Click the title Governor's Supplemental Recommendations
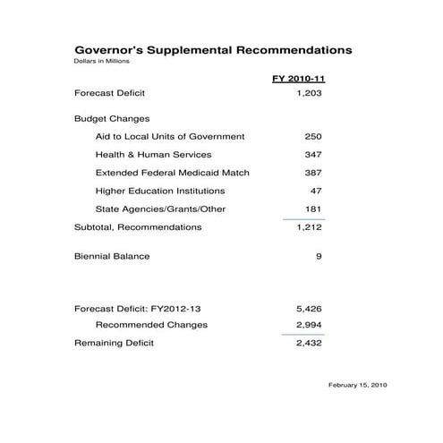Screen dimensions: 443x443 coord(212,51)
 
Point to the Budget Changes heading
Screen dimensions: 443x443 coord(111,118)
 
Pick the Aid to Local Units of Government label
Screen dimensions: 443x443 coord(169,136)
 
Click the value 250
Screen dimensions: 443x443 coord(312,136)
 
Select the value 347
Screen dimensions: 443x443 coord(312,155)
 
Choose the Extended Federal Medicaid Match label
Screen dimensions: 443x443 coord(172,173)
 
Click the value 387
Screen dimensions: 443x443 coord(312,173)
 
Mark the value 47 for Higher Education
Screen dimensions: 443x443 coord(315,191)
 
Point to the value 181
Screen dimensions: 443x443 coord(312,209)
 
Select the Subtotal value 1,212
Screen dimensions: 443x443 coord(308,227)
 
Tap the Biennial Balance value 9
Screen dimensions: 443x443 coord(318,257)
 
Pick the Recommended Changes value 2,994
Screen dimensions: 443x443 coord(308,325)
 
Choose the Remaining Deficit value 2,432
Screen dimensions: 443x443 coord(308,343)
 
